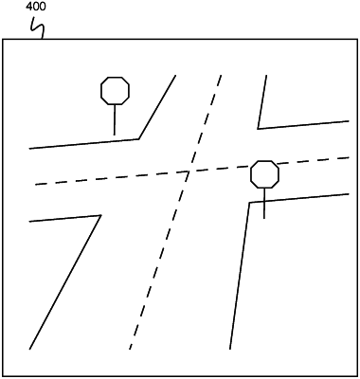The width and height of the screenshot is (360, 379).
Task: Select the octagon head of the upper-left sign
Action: pyautogui.click(x=115, y=90)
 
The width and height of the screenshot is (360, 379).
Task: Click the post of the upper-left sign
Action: pyautogui.click(x=115, y=119)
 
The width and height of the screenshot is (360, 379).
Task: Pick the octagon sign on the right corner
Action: pyautogui.click(x=264, y=173)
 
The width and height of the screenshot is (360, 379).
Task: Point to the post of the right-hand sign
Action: pyautogui.click(x=264, y=203)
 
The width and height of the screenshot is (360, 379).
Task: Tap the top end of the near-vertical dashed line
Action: pyautogui.click(x=221, y=74)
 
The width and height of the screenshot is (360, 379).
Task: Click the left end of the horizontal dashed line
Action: pyautogui.click(x=34, y=184)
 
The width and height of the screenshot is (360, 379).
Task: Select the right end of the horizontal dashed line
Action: pyautogui.click(x=349, y=158)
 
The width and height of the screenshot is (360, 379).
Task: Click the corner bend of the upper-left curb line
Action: pyautogui.click(x=139, y=139)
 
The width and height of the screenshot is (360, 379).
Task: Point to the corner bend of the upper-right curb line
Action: pyautogui.click(x=258, y=128)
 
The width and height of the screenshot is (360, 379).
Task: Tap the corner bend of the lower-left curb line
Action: pyautogui.click(x=100, y=216)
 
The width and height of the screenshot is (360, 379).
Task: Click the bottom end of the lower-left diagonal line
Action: pyautogui.click(x=30, y=349)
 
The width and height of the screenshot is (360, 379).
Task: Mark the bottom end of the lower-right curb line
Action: pyautogui.click(x=230, y=349)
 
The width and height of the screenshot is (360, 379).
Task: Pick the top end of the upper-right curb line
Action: pyautogui.click(x=266, y=75)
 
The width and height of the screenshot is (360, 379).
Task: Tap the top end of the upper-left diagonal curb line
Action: pyautogui.click(x=175, y=75)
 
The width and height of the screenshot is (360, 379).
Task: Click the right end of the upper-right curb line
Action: pyautogui.click(x=348, y=120)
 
